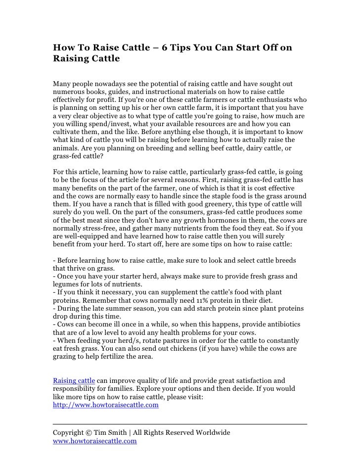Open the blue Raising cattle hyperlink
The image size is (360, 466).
(x=74, y=380)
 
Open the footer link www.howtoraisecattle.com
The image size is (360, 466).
(x=94, y=441)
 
